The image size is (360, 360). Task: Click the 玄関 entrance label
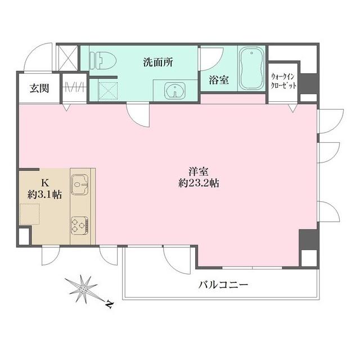pos(38,88)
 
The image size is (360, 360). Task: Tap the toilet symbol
pos(103,57)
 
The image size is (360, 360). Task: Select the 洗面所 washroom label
pos(157,62)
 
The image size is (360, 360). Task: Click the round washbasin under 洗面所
pos(174,91)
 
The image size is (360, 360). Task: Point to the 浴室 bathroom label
pos(219,80)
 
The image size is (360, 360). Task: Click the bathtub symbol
pos(251,68)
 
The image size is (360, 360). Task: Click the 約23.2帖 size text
pos(196,184)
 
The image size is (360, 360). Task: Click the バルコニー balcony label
pos(223,285)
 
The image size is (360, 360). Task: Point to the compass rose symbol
pos(83,288)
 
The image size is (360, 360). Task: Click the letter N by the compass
pos(110,305)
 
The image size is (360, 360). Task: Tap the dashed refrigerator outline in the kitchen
pos(31,215)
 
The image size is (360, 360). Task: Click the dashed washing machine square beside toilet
pos(107,89)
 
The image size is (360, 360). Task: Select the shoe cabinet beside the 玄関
pos(74,88)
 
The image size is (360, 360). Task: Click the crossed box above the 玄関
pos(67,57)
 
